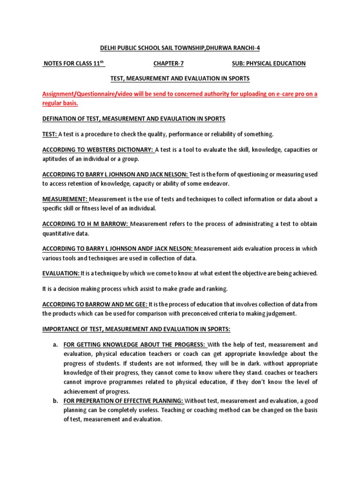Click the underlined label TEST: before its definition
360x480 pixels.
(50, 134)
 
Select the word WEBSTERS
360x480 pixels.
(96, 150)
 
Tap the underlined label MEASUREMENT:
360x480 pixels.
(65, 199)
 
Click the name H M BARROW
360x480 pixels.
(109, 224)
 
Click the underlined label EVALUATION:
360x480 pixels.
(61, 273)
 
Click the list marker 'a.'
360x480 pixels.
(55, 345)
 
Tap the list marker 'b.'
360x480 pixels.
(55, 401)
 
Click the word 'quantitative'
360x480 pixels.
(61, 233)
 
